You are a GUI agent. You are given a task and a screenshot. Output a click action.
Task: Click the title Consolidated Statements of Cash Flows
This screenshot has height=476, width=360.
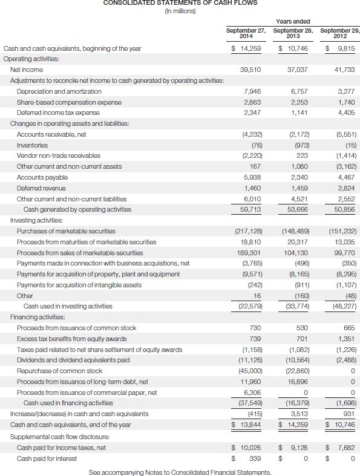[180, 3]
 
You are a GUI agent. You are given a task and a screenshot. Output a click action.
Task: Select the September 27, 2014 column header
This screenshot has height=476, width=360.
[246, 33]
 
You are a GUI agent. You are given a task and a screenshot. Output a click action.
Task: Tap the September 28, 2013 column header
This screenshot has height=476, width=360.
[293, 33]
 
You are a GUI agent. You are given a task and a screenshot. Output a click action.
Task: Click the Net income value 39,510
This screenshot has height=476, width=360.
[250, 70]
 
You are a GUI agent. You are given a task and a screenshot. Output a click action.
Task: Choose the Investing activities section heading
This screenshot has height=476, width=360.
[36, 220]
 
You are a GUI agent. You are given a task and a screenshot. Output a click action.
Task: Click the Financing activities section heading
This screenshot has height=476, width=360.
[38, 317]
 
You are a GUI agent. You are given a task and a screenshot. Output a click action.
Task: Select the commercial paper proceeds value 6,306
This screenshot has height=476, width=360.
[252, 392]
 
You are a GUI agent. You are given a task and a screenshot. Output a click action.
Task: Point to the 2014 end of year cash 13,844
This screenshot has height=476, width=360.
[249, 425]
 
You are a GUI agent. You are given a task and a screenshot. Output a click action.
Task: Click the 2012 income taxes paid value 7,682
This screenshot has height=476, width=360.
[346, 447]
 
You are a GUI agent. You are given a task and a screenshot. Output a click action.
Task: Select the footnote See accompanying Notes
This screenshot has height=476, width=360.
[180, 472]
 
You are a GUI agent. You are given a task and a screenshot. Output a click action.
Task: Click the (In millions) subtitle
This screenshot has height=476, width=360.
[180, 11]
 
